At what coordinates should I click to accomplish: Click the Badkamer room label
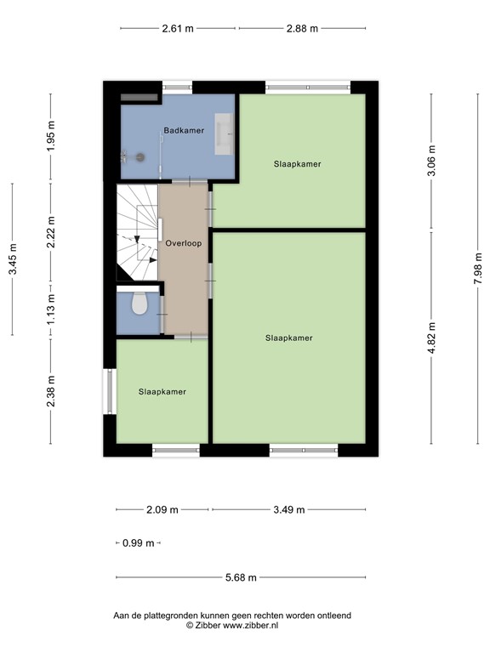click(184, 130)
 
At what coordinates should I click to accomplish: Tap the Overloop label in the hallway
click(184, 243)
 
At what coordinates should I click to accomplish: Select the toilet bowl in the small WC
click(140, 304)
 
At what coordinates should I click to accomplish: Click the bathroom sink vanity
click(225, 134)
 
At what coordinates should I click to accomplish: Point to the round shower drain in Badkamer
click(140, 157)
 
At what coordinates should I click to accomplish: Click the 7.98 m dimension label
click(477, 269)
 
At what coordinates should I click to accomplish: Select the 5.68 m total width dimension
click(241, 577)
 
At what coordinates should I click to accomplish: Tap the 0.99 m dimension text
click(139, 543)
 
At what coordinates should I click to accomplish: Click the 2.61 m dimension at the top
click(178, 28)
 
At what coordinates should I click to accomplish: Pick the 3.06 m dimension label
click(431, 161)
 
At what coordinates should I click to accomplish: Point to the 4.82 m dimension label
click(431, 338)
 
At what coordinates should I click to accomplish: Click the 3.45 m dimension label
click(13, 259)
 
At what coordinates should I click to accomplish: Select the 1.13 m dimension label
click(51, 310)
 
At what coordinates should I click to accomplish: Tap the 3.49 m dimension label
click(289, 510)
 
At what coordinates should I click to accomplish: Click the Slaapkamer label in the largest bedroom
click(288, 338)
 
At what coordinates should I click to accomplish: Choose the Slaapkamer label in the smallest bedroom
click(162, 392)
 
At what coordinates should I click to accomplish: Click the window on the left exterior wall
click(109, 391)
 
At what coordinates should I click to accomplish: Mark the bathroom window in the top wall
click(177, 87)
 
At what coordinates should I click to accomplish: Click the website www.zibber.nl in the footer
click(250, 626)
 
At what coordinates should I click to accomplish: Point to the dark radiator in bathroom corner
click(140, 98)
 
